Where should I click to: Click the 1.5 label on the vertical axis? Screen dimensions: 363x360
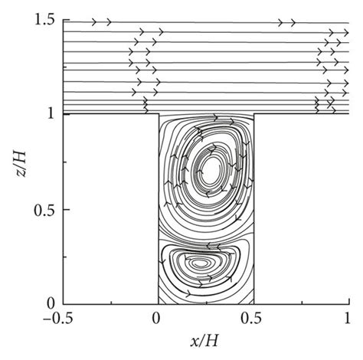(44, 21)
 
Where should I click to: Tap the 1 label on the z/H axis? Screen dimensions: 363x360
(51, 114)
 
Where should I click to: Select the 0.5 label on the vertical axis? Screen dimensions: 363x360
(44, 210)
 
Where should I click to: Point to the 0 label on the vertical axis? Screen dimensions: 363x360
(51, 304)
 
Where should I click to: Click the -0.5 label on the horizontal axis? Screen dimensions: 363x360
(58, 319)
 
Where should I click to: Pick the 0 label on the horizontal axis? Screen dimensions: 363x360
(156, 319)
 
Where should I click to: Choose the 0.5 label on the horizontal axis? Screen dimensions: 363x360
(251, 319)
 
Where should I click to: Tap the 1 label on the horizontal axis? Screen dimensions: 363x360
(347, 319)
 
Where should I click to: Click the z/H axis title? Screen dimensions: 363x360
(20, 164)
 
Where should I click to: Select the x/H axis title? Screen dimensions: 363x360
(204, 341)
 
